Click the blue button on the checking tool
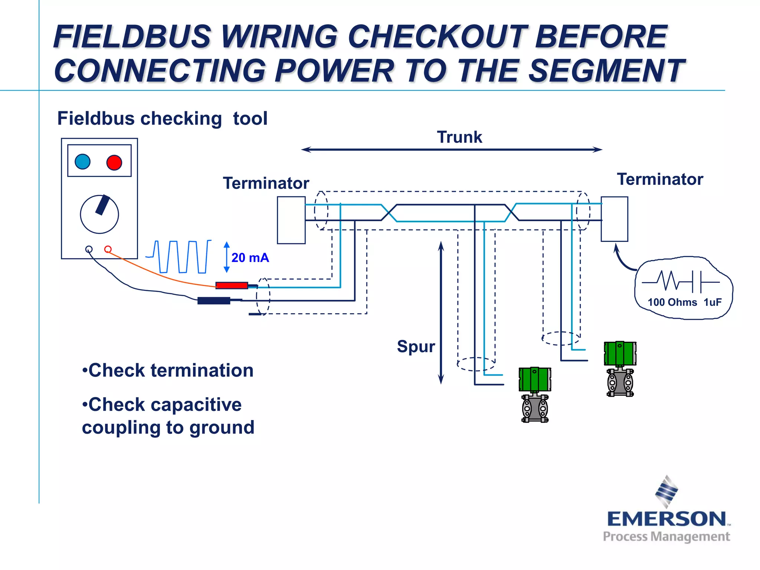click(82, 162)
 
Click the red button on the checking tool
click(114, 163)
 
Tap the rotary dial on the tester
click(99, 214)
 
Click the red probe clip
click(232, 285)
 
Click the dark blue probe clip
click(214, 301)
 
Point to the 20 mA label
click(250, 258)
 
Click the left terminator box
click(291, 220)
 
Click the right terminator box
click(615, 219)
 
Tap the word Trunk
click(459, 137)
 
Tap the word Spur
click(416, 346)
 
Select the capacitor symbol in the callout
click(697, 282)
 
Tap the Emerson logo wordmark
click(666, 519)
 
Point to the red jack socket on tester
click(108, 249)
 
